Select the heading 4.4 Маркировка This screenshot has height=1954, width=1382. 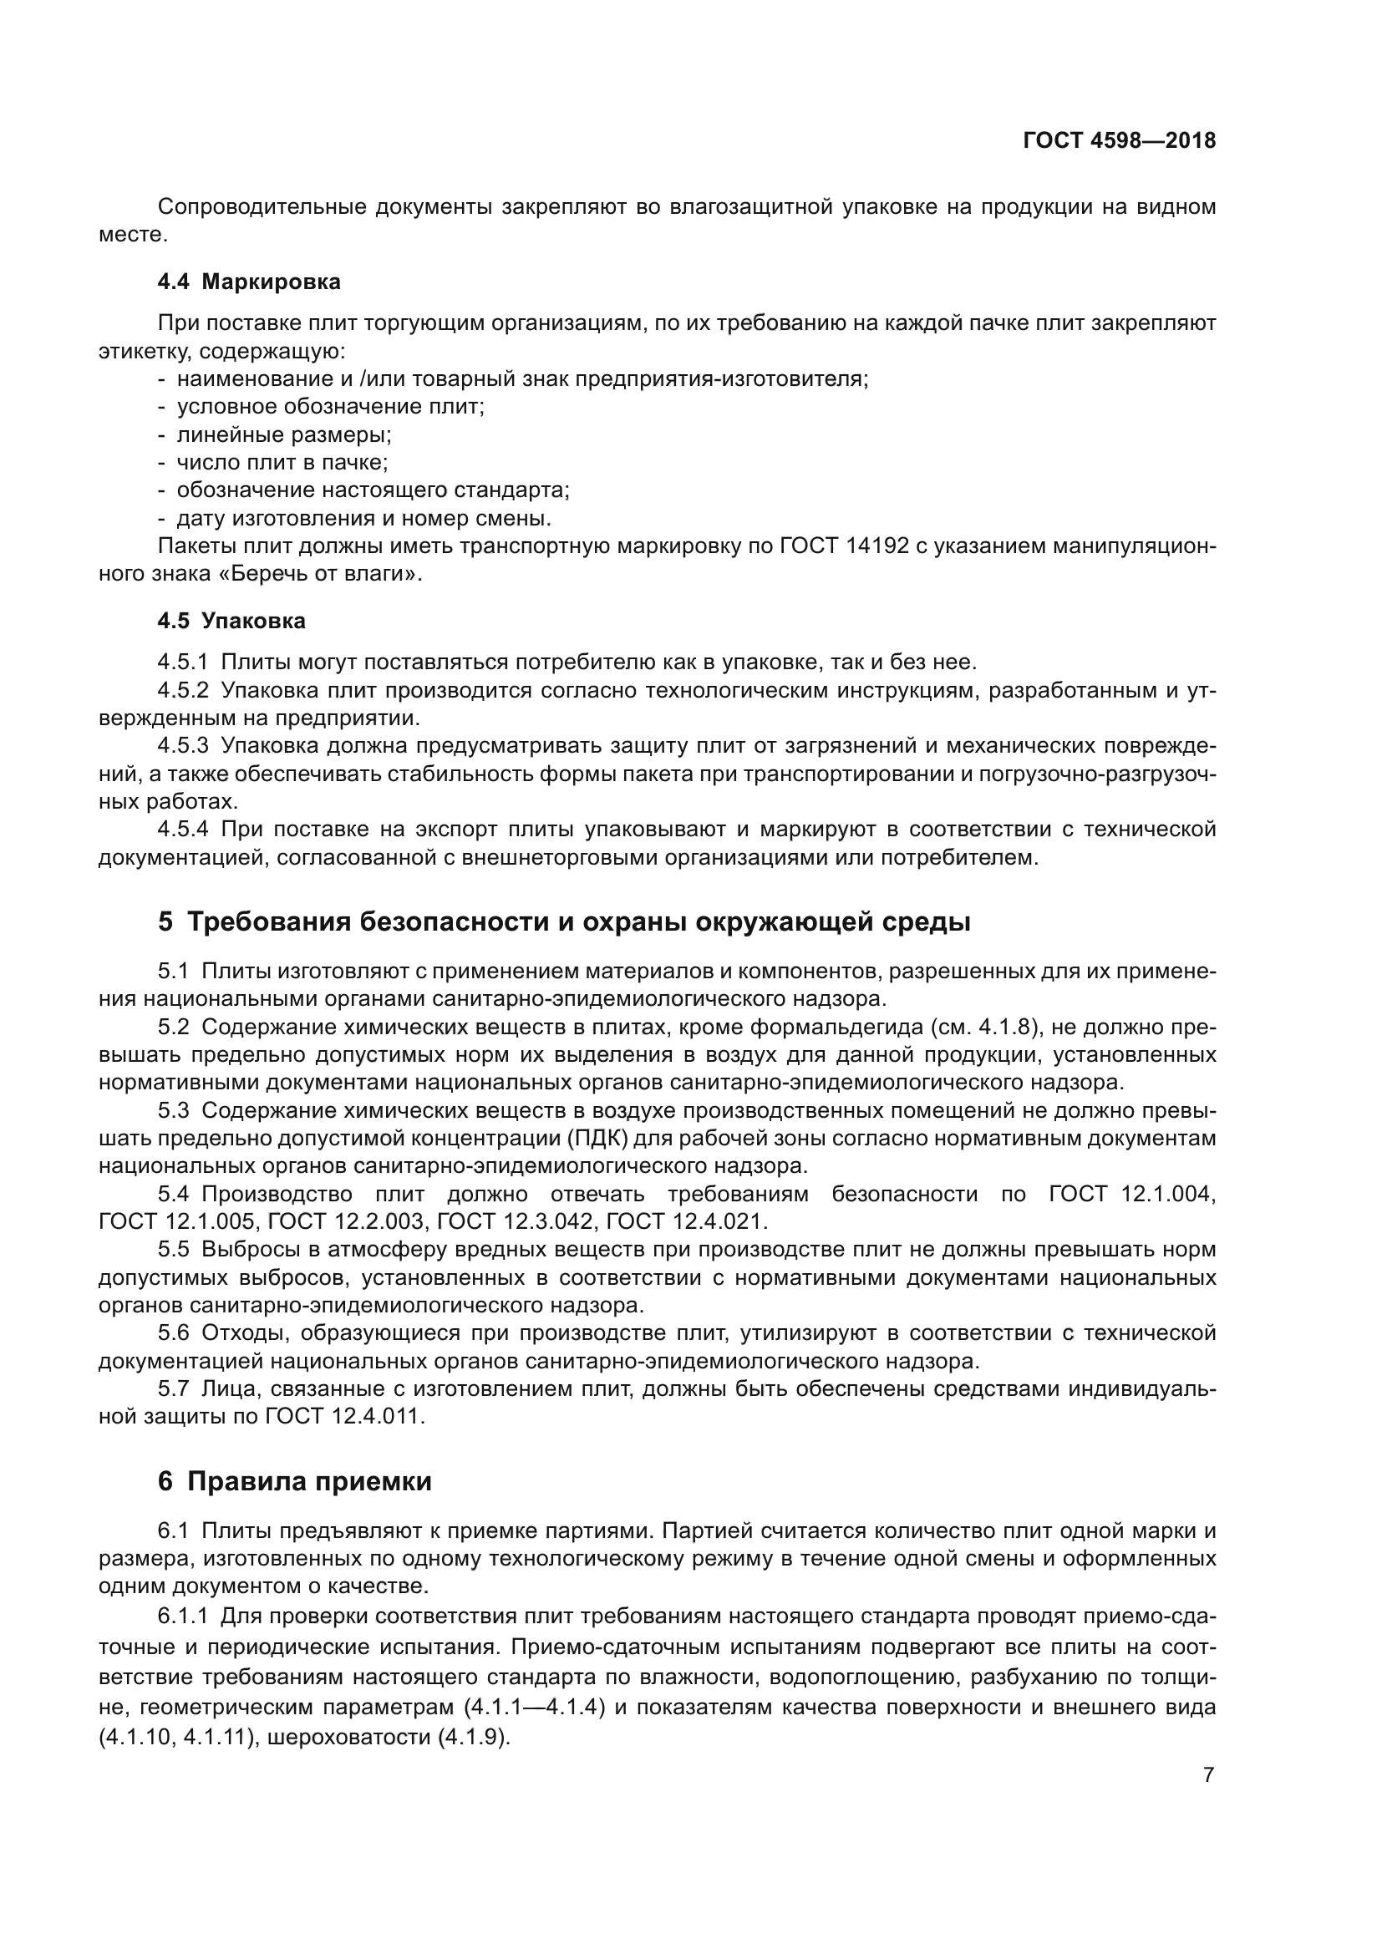(x=248, y=282)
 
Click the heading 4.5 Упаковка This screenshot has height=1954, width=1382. (x=231, y=622)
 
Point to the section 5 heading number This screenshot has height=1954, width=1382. (x=165, y=921)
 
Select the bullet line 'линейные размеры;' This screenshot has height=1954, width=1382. (x=283, y=435)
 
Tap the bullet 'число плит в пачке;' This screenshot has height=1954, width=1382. (x=282, y=463)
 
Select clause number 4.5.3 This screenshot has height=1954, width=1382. (x=182, y=746)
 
